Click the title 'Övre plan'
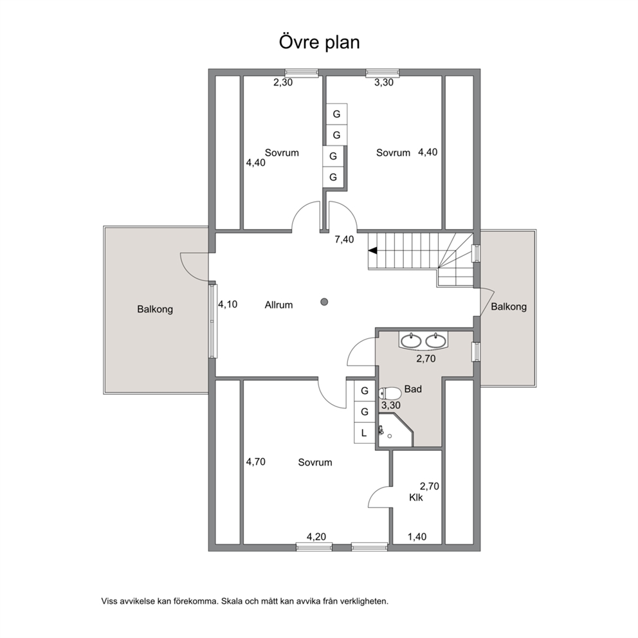(320, 42)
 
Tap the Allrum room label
(278, 305)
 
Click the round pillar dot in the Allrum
(324, 302)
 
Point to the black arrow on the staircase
(373, 251)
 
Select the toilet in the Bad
(390, 394)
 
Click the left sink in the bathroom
(412, 341)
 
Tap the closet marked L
(364, 433)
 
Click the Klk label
(416, 498)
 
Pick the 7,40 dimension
(344, 240)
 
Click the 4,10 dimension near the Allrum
(228, 304)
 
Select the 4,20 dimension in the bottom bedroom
(316, 537)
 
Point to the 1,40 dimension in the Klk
(417, 537)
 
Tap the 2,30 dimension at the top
(283, 82)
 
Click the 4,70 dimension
(255, 462)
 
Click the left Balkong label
(155, 309)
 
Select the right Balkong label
(509, 307)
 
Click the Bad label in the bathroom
(413, 389)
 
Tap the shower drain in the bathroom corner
(389, 436)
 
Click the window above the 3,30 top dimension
(383, 73)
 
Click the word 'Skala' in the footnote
(232, 601)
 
